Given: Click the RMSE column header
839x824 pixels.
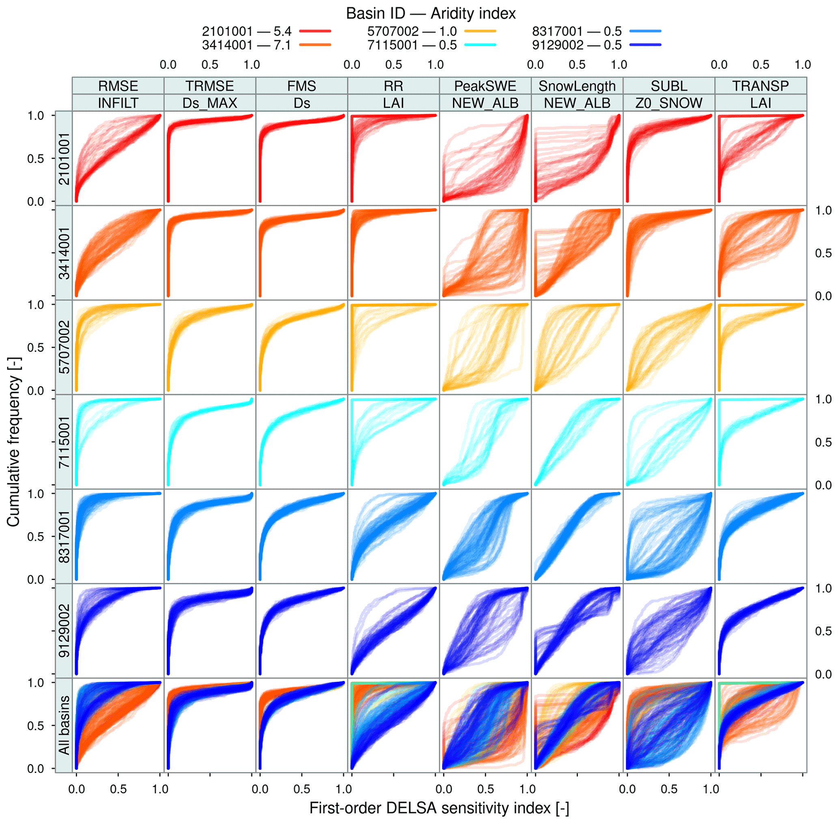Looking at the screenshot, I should [x=118, y=86].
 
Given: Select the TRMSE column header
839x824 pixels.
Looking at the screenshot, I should [x=210, y=86].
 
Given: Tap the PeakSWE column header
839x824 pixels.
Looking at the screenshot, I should [x=485, y=86].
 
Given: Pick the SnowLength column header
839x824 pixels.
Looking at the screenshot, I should [x=577, y=86].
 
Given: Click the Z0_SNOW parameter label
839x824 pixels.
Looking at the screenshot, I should [x=669, y=103].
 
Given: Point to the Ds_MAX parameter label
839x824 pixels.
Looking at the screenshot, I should [x=210, y=103].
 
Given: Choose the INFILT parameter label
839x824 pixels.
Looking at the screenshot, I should [x=118, y=103].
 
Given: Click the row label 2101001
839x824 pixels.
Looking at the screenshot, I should [x=65, y=159].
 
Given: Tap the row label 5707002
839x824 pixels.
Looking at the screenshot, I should [x=65, y=348].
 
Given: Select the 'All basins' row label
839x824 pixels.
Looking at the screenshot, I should [x=65, y=725].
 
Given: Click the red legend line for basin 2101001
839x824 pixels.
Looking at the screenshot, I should [x=315, y=31].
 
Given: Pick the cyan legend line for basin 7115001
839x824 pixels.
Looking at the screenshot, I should [x=480, y=45].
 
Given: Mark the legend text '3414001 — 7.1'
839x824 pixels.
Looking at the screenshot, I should [x=246, y=45].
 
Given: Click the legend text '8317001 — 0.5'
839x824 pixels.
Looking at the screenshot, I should [x=576, y=31].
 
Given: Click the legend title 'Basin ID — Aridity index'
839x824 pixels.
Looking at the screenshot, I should [x=431, y=14].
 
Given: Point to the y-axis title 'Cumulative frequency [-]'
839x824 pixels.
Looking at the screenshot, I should [x=14, y=450].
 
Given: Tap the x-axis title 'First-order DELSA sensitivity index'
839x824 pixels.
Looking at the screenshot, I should [x=439, y=808].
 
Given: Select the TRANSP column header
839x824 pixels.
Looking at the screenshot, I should [x=760, y=86].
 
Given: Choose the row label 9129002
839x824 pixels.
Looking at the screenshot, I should [x=65, y=631].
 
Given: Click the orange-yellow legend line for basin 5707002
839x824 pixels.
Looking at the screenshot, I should [x=480, y=31].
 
